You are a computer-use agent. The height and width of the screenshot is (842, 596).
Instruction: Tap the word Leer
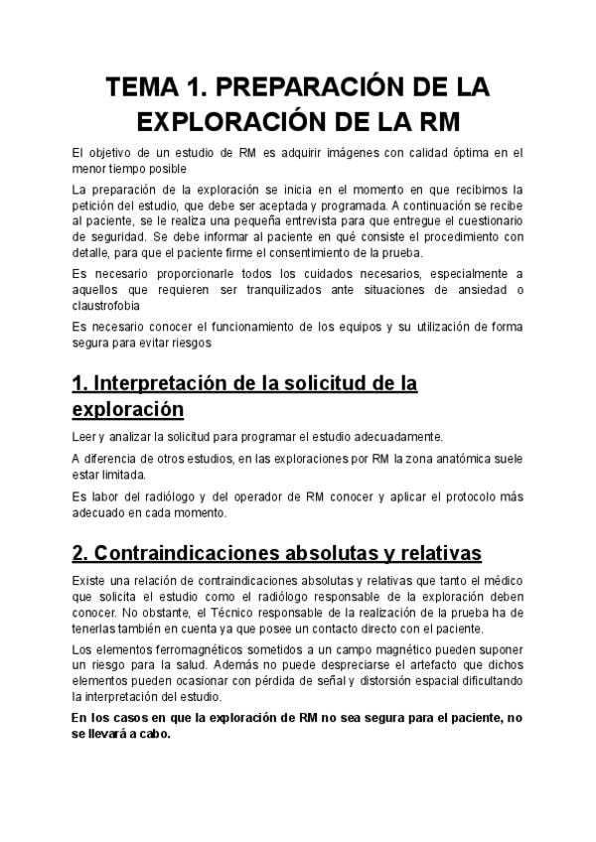84,437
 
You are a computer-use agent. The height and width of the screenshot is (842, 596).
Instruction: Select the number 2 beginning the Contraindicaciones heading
78,551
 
